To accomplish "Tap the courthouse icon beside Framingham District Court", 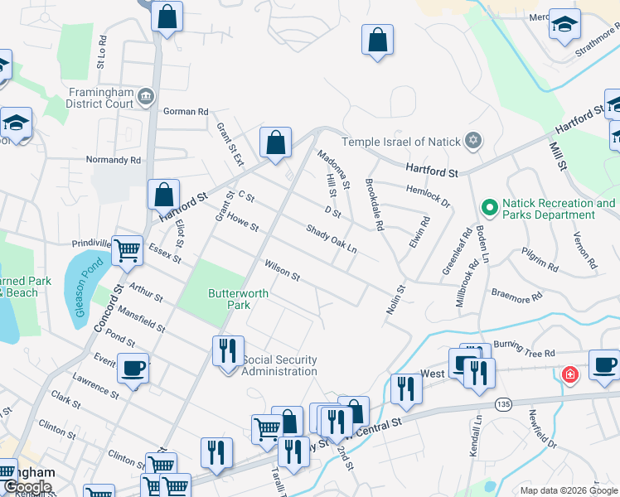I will tap(147, 96).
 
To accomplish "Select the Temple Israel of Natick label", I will tap(401, 142).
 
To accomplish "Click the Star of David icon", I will tap(472, 139).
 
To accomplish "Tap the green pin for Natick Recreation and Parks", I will tap(489, 206).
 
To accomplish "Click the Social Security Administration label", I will tap(279, 365).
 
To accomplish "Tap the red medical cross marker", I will tap(569, 375).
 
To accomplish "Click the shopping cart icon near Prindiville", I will tap(127, 248).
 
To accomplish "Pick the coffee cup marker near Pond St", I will tap(133, 368).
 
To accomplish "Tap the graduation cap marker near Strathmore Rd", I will tap(564, 23).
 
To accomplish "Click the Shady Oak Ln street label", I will tap(331, 239).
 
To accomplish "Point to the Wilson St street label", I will tap(282, 270).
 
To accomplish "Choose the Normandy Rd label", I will tap(114, 160).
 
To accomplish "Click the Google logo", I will tap(27, 487).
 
